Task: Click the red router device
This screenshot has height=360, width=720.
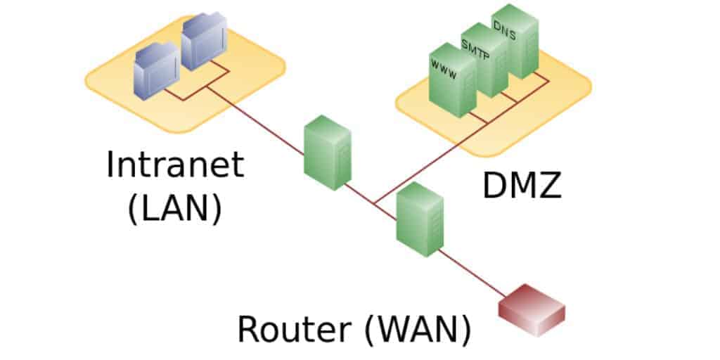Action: [x=532, y=310]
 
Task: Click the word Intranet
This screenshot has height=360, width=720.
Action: [x=174, y=165]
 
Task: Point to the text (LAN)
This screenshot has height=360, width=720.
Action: [x=174, y=210]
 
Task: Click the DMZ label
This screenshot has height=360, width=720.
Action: [x=522, y=185]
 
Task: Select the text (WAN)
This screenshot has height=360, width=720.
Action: [x=418, y=330]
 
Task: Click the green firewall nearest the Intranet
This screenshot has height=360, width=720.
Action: [x=328, y=153]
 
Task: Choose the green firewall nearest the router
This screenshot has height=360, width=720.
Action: [x=420, y=219]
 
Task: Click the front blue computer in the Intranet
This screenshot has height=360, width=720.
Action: [x=156, y=70]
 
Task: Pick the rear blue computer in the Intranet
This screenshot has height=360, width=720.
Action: [x=204, y=41]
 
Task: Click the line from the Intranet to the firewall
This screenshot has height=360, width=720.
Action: [x=255, y=120]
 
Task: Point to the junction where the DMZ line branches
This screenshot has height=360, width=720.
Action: [x=375, y=203]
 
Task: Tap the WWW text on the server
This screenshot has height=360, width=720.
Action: [x=443, y=69]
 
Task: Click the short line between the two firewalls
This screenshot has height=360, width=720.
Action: [x=371, y=202]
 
